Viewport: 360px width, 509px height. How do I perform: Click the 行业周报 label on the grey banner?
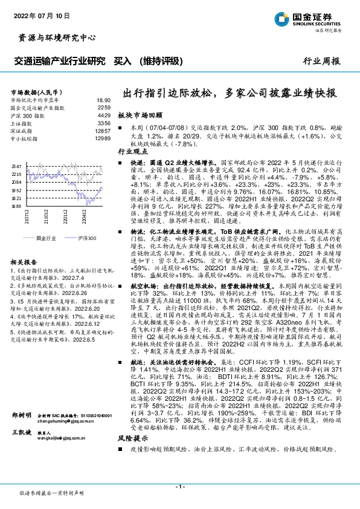point(321,62)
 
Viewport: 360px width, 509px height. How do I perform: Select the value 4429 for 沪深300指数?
point(104,115)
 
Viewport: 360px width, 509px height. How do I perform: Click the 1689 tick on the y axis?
point(16,206)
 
